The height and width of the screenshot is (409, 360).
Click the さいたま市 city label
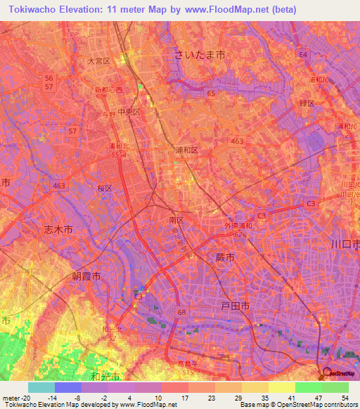200,54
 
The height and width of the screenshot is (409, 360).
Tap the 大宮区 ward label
99,62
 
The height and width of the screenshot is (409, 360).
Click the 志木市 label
58,230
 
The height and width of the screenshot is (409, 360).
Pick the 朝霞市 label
86,275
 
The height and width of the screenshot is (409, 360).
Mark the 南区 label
176,220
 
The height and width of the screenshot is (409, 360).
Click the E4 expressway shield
302,53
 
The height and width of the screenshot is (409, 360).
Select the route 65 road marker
210,93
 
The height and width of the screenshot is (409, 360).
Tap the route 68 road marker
182,311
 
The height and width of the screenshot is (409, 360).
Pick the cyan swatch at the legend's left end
41,387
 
